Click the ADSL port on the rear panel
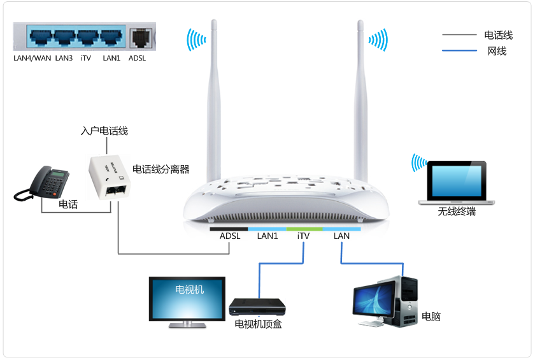pos(138,38)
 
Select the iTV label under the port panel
pos(86,58)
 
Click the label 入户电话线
pos(104,131)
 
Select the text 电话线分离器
pos(161,169)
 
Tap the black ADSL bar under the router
pos(229,228)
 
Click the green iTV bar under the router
pos(304,228)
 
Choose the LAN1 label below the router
pos(267,236)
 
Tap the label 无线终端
pos(456,212)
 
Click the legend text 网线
pos(497,51)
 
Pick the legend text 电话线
pos(498,36)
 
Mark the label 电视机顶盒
pos(258,324)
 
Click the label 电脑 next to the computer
pos(431,316)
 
